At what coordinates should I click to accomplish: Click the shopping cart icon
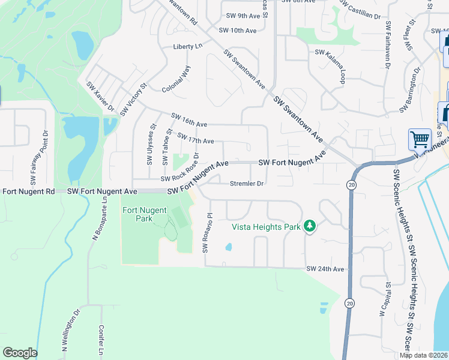click(x=420, y=139)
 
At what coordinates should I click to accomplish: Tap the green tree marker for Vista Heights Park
click(x=309, y=226)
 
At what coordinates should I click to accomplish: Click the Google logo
click(x=20, y=353)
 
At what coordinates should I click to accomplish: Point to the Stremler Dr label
click(x=247, y=184)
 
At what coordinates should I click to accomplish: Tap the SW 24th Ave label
click(x=325, y=269)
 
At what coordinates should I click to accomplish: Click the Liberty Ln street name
click(x=188, y=46)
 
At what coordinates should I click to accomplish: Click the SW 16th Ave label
click(x=189, y=120)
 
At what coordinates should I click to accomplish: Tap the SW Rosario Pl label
click(x=207, y=232)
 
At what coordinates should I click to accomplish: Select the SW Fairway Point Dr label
click(x=38, y=157)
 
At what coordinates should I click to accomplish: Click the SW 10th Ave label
click(x=238, y=30)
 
